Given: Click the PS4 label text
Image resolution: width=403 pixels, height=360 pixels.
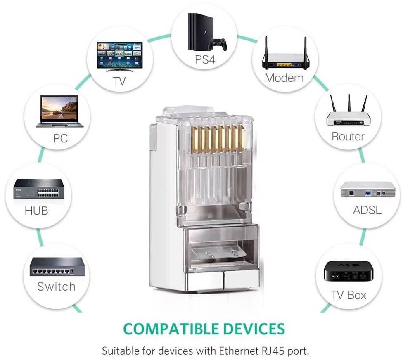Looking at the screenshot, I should click(205, 59).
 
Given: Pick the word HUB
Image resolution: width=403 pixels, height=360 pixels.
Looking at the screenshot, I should click(36, 211).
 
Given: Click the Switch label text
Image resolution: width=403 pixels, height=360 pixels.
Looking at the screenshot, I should click(56, 287).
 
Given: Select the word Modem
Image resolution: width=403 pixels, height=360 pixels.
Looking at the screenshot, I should click(284, 77).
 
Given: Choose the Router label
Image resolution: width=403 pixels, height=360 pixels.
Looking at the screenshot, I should click(348, 136).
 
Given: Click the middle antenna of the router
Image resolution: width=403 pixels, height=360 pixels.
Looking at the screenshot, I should click(349, 103).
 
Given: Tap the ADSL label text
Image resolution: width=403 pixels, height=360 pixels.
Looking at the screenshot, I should click(367, 210).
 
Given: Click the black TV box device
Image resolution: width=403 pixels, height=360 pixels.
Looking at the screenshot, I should click(348, 273).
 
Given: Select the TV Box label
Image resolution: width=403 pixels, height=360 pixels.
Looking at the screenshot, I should click(348, 295).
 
